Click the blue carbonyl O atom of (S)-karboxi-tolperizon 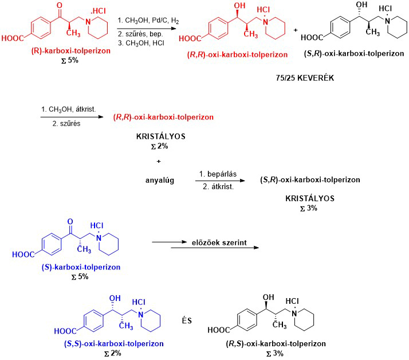pyautogui.click(x=69, y=221)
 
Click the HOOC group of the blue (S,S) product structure pyautogui.click(x=64, y=331)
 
